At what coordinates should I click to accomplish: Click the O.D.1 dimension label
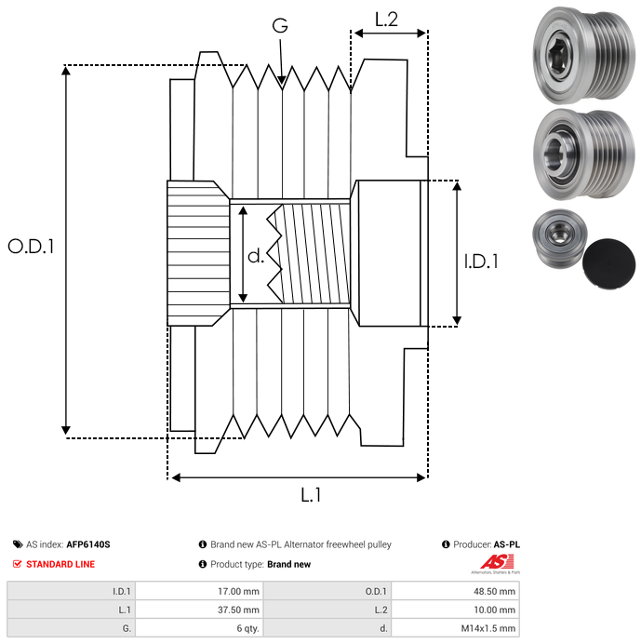[31, 247]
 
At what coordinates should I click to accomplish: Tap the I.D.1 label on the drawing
[480, 262]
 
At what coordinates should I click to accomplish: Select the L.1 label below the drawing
[311, 496]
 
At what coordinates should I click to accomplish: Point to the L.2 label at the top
[386, 20]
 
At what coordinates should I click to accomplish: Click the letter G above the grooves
[279, 26]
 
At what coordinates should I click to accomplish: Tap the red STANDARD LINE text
[60, 564]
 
